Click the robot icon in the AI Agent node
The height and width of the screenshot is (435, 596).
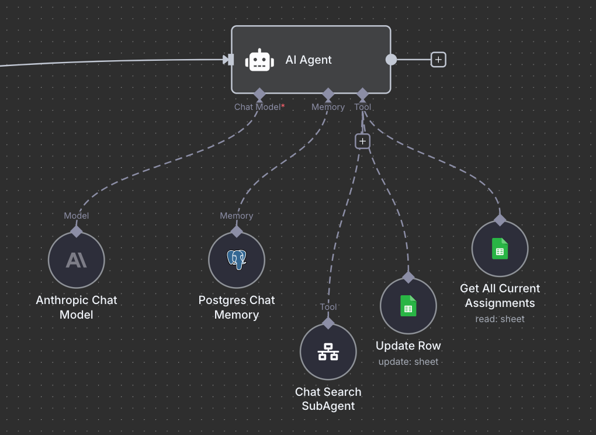click(259, 60)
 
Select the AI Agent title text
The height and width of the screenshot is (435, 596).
click(309, 60)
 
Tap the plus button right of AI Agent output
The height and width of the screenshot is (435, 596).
click(438, 60)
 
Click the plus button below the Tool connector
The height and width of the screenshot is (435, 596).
click(362, 141)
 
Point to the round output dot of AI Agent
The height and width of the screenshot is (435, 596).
click(391, 60)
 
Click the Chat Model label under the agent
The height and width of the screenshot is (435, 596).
click(258, 107)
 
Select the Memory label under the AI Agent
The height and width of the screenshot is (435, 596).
click(328, 107)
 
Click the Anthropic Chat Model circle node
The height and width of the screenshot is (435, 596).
click(77, 260)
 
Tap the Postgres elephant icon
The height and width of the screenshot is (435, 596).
click(237, 260)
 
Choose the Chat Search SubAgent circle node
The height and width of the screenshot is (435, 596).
click(328, 352)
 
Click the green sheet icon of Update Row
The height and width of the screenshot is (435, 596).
click(408, 306)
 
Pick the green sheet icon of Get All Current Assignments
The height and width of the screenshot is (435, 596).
click(500, 248)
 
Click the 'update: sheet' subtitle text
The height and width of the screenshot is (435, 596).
click(408, 361)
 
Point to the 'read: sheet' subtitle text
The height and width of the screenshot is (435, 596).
click(500, 319)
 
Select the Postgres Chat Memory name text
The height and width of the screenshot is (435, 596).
click(237, 308)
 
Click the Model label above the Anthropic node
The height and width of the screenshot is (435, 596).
click(77, 216)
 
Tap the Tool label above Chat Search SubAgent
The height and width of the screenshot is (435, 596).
click(328, 306)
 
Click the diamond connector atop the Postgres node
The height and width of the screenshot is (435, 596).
click(237, 231)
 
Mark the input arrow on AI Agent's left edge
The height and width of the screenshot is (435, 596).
click(228, 60)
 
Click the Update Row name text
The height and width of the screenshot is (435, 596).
click(408, 346)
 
